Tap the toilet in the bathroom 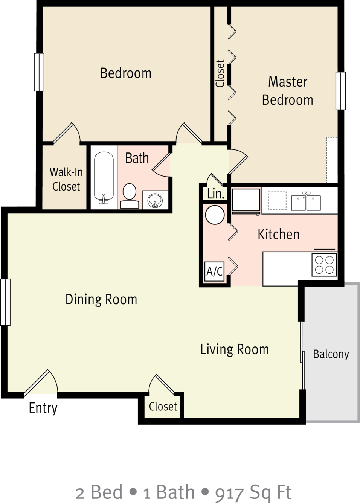click(x=130, y=195)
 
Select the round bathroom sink click(x=155, y=200)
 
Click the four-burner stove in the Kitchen click(x=324, y=265)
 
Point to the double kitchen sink click(x=306, y=202)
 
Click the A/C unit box click(x=215, y=271)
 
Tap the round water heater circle click(x=215, y=215)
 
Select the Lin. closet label click(x=216, y=194)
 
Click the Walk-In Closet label click(x=66, y=179)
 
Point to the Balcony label click(x=331, y=354)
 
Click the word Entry click(x=43, y=408)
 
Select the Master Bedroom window click(x=341, y=91)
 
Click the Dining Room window click(x=5, y=302)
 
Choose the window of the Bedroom click(x=39, y=72)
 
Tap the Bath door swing click(x=161, y=165)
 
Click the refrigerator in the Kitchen click(x=246, y=201)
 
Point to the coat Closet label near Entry click(x=163, y=407)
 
